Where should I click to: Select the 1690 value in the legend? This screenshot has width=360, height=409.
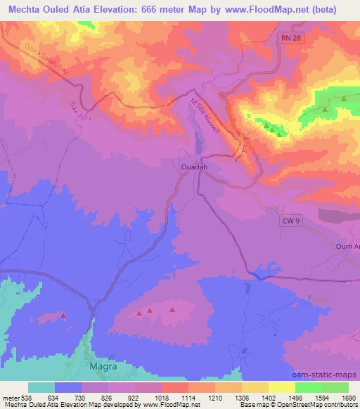pyautogui.click(x=347, y=398)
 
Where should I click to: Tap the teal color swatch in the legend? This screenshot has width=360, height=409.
pyautogui.click(x=41, y=387)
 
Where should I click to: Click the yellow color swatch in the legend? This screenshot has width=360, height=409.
pyautogui.click(x=281, y=387)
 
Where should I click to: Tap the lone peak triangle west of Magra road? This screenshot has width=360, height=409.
pyautogui.click(x=63, y=316)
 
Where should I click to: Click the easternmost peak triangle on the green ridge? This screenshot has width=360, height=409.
pyautogui.click(x=344, y=99)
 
